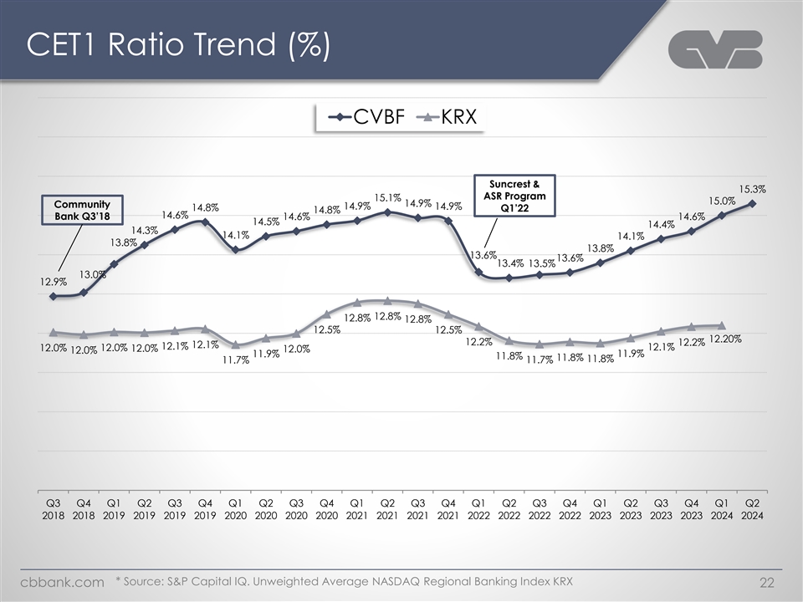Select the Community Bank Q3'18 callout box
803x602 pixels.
(x=83, y=210)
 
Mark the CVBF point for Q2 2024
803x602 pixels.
(x=754, y=203)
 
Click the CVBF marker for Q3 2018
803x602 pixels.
(x=53, y=296)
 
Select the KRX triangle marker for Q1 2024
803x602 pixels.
(x=722, y=325)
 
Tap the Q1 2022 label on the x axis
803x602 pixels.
(x=478, y=509)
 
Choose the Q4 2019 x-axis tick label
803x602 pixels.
(x=205, y=509)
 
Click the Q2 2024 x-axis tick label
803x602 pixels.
(x=753, y=509)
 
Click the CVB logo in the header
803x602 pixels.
(x=715, y=49)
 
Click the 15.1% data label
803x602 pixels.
(x=387, y=198)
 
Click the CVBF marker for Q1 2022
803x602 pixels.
(x=478, y=272)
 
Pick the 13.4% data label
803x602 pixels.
(x=510, y=263)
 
